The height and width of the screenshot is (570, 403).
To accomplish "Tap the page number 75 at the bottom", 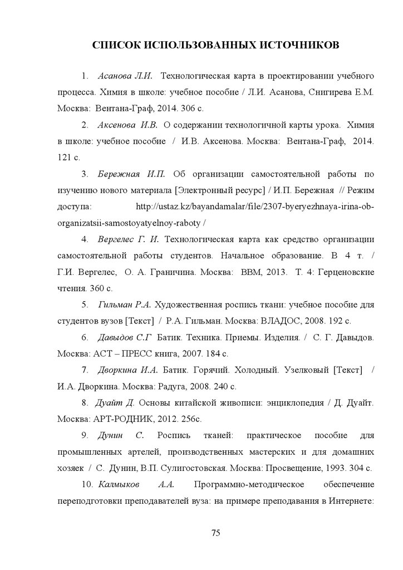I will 216,533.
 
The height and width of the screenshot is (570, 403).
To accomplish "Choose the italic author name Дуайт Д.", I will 116,402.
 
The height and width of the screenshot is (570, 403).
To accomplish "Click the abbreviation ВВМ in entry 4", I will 252,272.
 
